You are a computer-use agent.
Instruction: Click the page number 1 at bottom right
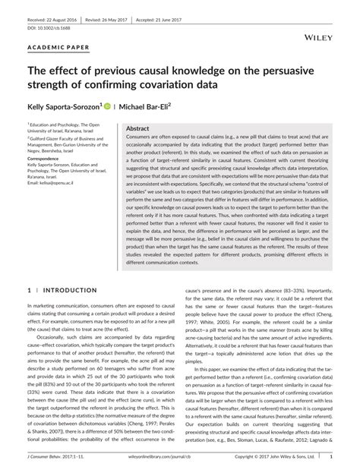pos(331,458)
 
